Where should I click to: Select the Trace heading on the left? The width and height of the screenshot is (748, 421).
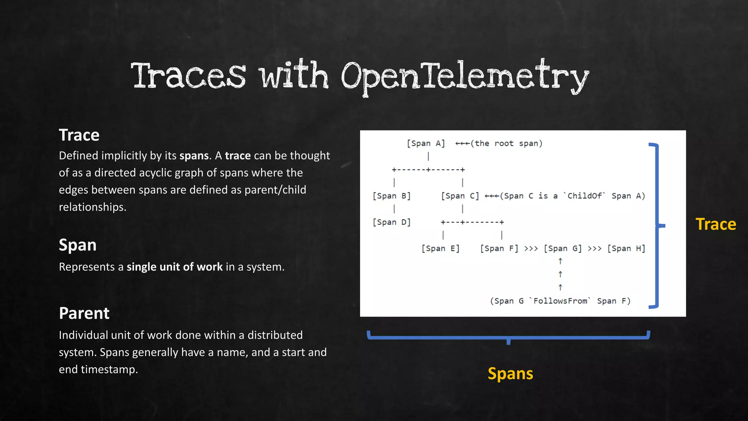(x=79, y=135)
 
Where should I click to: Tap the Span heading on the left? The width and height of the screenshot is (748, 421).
(x=77, y=245)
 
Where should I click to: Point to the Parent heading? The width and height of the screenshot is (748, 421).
(x=84, y=313)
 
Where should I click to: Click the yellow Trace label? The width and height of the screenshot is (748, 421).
(x=715, y=224)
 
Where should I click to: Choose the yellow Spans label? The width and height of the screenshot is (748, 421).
(x=510, y=373)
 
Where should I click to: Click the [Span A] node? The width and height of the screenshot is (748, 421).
(x=426, y=143)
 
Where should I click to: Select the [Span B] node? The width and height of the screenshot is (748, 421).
(x=392, y=196)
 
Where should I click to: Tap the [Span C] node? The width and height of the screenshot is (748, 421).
(x=460, y=196)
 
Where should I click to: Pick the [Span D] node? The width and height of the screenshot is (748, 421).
(x=392, y=222)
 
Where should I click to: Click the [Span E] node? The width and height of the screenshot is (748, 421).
(x=440, y=249)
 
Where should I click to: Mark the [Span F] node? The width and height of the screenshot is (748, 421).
(x=499, y=249)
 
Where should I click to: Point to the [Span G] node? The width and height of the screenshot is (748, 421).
(x=562, y=249)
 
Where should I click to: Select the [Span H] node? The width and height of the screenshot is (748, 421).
(x=626, y=249)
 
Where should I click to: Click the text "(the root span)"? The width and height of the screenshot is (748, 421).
(x=507, y=143)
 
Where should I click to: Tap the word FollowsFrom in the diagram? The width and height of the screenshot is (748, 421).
(x=560, y=301)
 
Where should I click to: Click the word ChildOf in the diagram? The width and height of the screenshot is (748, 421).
(x=584, y=196)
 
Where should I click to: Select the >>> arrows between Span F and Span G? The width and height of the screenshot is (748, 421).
(x=531, y=249)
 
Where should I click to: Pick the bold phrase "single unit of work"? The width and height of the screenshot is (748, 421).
(x=175, y=267)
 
